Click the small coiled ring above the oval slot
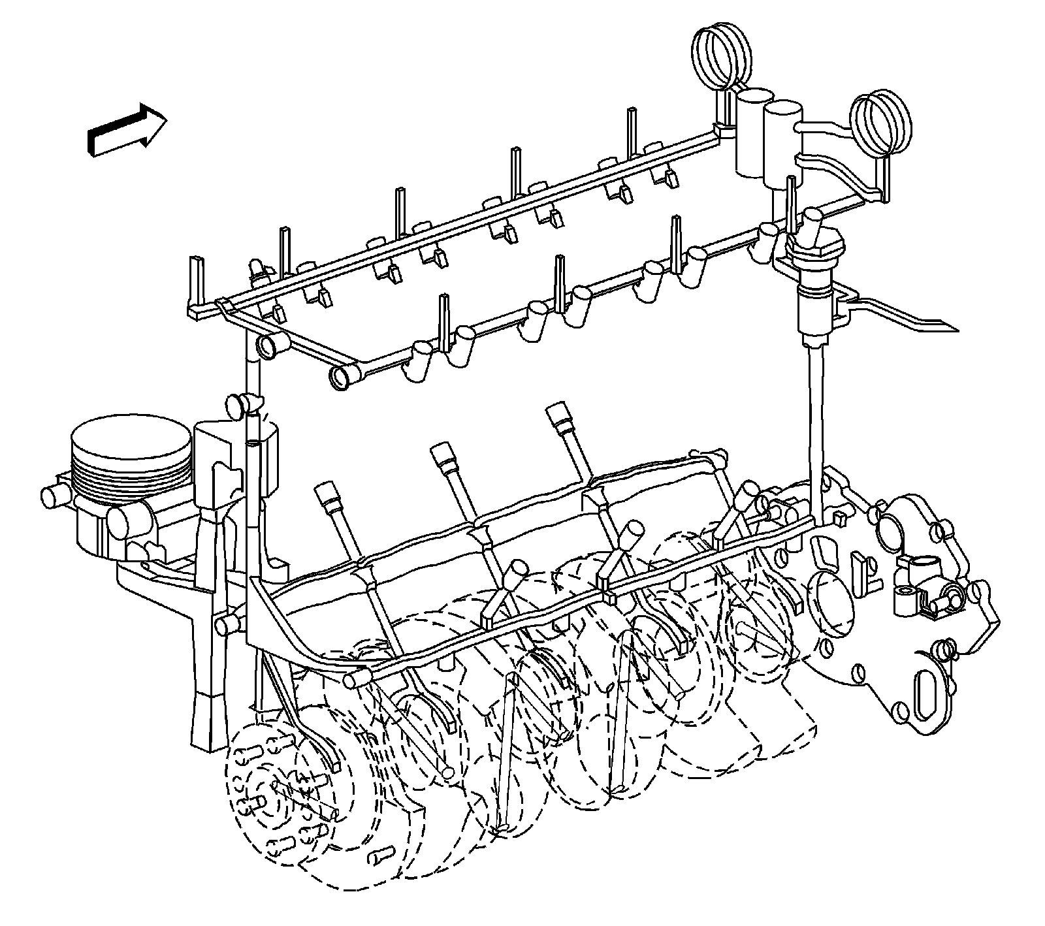pos(943,649)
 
